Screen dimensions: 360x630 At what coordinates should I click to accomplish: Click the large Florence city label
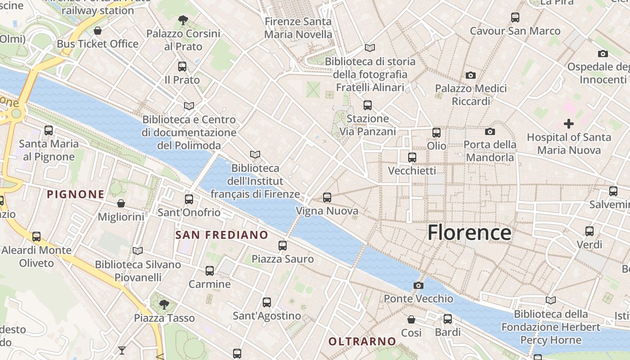tap(469, 233)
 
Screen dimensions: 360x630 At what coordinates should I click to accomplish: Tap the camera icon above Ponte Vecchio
tap(418, 285)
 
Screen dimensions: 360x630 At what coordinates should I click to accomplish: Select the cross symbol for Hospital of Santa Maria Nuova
tap(569, 124)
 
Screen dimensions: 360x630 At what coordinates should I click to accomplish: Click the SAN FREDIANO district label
tap(221, 235)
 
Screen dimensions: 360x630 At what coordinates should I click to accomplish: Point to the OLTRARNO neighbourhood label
tap(362, 342)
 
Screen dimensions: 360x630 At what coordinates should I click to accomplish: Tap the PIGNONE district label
tap(76, 194)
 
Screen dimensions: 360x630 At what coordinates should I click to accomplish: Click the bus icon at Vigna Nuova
tap(327, 197)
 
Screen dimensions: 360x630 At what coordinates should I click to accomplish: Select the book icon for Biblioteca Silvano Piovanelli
tap(138, 251)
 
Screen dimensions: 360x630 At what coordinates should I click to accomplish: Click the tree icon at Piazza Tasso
tap(164, 305)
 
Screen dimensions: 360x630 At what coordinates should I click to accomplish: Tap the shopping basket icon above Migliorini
tap(121, 203)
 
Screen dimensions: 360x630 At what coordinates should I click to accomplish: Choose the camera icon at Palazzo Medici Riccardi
tap(471, 75)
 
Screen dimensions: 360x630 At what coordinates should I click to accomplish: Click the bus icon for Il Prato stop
tap(182, 67)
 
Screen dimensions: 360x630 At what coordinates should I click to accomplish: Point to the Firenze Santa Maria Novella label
tap(298, 28)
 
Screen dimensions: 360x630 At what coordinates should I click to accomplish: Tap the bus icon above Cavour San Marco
tap(515, 18)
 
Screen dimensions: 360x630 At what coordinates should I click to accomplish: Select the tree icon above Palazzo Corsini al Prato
tap(183, 20)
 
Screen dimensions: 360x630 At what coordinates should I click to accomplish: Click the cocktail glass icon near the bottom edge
tap(122, 350)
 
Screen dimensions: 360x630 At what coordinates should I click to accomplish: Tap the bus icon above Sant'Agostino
tap(267, 302)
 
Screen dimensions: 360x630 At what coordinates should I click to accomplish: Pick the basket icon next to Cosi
tap(411, 319)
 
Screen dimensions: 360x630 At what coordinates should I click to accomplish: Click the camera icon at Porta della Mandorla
tap(490, 131)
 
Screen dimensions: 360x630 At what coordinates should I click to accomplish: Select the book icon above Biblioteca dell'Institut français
tap(255, 155)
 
